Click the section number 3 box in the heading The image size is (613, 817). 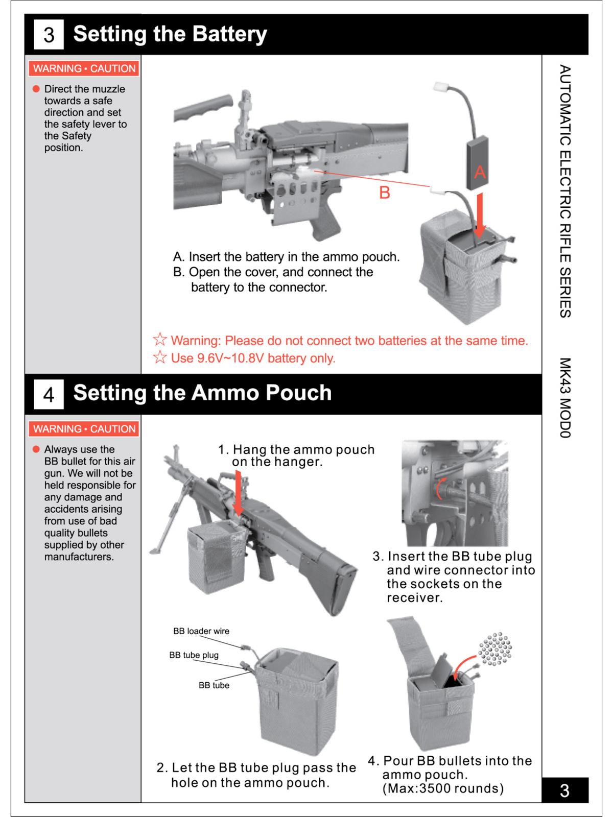49,35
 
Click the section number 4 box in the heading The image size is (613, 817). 49,394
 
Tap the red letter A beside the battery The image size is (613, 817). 480,173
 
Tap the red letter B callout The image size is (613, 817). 384,193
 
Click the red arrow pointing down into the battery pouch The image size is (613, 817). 479,214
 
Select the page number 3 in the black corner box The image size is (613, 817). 564,790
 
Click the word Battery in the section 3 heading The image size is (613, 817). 230,34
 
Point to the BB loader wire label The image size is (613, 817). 201,631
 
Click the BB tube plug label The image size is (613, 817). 194,655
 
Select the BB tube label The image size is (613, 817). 214,685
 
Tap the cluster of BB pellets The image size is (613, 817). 494,649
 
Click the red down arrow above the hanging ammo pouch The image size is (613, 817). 238,493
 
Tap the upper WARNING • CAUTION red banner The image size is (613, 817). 84,68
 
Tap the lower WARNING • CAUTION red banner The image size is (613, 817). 84,429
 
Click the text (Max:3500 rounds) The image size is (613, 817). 443,788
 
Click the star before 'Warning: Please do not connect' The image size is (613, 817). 160,340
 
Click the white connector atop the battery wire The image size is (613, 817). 440,87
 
